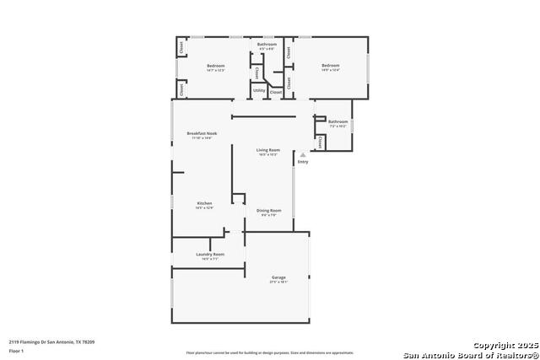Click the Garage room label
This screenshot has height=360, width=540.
278,277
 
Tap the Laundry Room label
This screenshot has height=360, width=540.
209,254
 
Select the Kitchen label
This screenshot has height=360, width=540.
205,203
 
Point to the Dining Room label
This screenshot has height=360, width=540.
269,210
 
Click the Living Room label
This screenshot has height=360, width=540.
268,150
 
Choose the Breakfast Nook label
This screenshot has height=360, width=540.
202,133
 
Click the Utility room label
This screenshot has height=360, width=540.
259,90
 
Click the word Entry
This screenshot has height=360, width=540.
303,162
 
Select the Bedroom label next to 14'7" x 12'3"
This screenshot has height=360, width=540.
217,65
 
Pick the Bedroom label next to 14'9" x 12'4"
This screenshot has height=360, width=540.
330,65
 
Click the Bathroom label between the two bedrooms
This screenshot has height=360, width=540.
267,44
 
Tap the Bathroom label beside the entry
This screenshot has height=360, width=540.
337,121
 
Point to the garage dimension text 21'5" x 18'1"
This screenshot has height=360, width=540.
278,282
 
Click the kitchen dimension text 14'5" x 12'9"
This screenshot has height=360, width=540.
205,207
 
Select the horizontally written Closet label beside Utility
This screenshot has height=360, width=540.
276,92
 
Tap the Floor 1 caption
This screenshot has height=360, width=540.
16,350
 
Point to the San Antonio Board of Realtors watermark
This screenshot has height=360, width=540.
471,354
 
